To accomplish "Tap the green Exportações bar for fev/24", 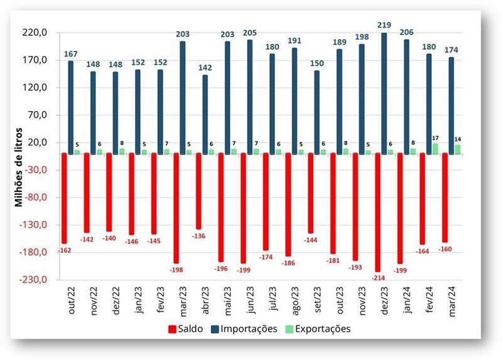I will point(435,149).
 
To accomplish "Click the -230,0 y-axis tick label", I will point(36,280).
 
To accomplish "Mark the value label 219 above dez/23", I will point(385,25).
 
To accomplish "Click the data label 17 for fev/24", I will point(436,137).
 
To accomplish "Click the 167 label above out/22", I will point(70,54).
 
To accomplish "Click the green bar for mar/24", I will point(457,149).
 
